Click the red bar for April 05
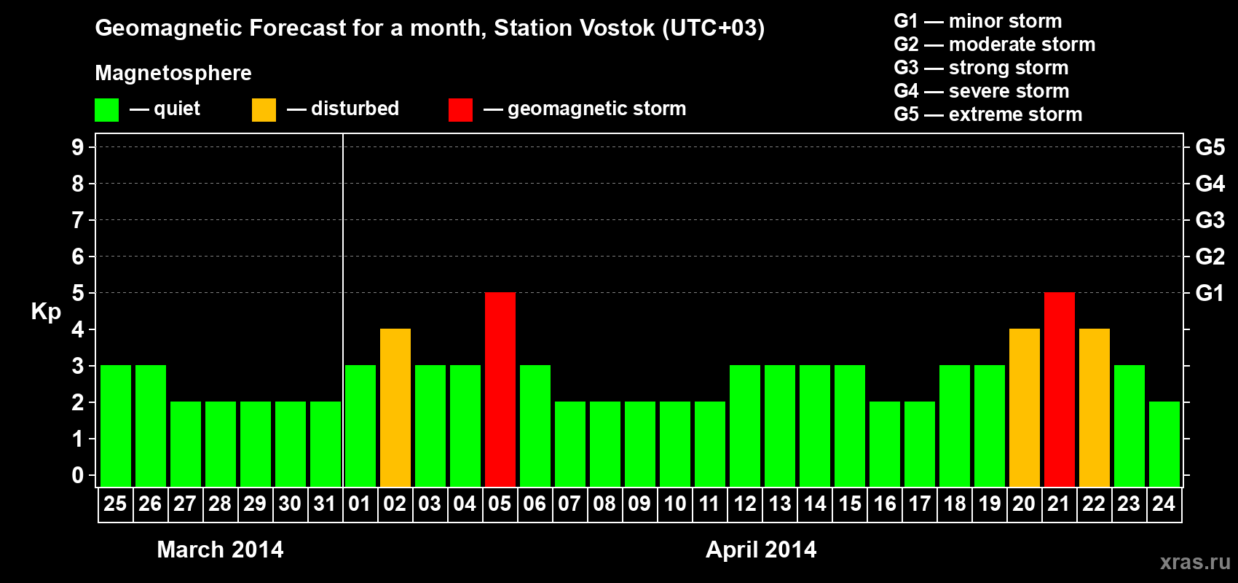[x=500, y=389]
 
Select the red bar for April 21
[x=1060, y=389]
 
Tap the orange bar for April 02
[x=395, y=407]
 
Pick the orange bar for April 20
[x=1024, y=407]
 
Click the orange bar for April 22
[x=1095, y=407]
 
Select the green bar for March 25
[x=116, y=426]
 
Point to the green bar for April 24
[x=1164, y=444]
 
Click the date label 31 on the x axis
[x=325, y=504]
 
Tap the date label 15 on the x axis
[x=849, y=504]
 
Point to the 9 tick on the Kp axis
[x=77, y=147]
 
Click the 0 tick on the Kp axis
[x=77, y=475]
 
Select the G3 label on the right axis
[x=1210, y=220]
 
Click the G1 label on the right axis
[x=1210, y=293]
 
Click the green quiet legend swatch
[x=106, y=109]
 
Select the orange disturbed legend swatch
[x=264, y=109]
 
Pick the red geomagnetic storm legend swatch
[x=460, y=109]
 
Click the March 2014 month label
[x=220, y=549]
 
